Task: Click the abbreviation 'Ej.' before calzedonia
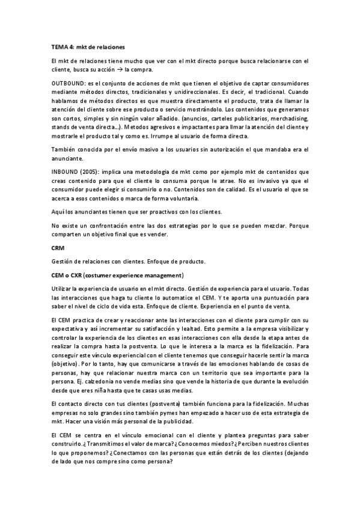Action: tap(57, 382)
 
